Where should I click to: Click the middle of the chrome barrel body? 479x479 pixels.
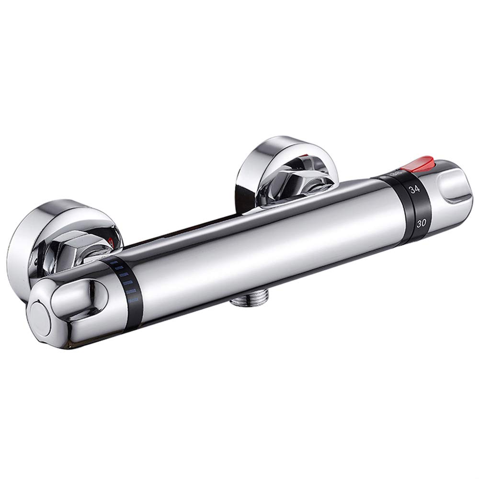(268, 249)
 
